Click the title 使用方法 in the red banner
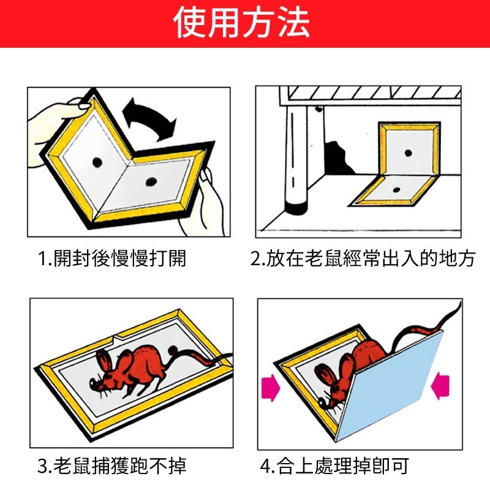(241, 23)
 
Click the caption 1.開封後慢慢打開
(111, 258)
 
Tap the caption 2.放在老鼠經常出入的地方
(363, 258)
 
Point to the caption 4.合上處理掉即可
(334, 467)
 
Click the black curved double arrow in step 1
(149, 119)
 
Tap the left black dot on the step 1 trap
(97, 161)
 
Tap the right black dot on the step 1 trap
(149, 181)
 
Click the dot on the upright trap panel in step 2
(408, 152)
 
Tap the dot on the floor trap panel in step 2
(398, 190)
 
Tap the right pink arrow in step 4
(442, 386)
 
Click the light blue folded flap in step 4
(392, 386)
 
